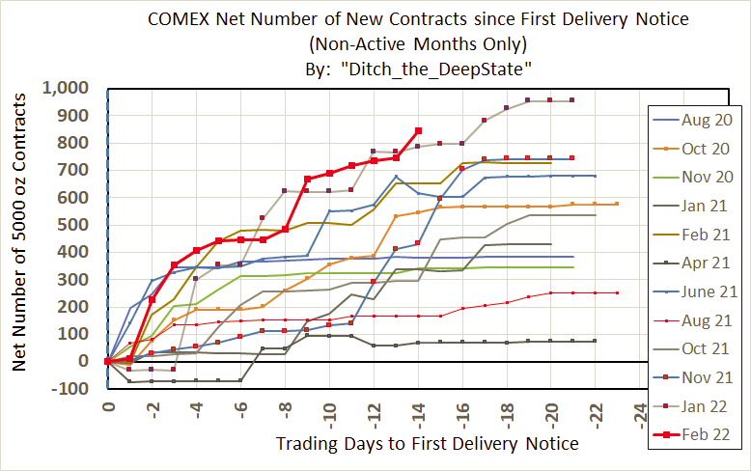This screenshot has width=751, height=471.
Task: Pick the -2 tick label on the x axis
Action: click(x=153, y=406)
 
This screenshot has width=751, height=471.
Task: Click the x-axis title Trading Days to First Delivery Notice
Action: click(x=427, y=443)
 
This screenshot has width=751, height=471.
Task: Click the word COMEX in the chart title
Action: click(x=181, y=19)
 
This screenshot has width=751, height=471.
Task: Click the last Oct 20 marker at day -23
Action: click(x=617, y=204)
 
